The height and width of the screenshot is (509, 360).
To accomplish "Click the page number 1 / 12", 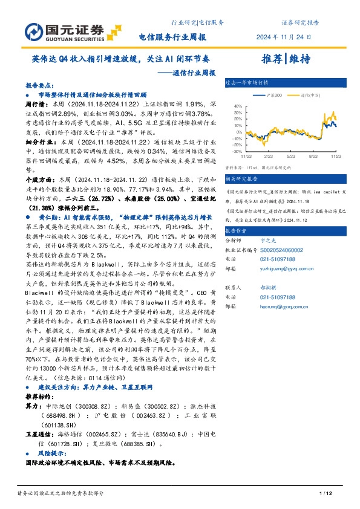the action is coord(325,494).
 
